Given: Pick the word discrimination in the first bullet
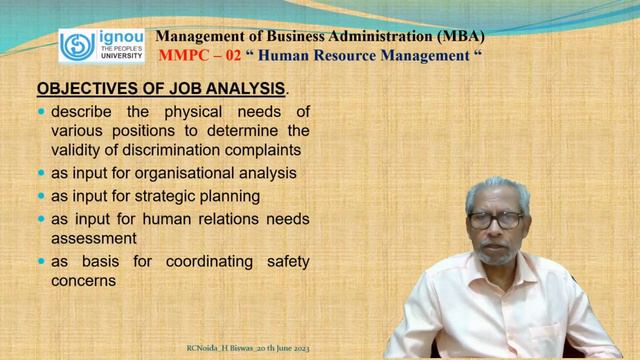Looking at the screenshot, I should pyautogui.click(x=175, y=151).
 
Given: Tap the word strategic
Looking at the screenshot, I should pyautogui.click(x=165, y=195).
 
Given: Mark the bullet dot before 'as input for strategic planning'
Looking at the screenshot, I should pyautogui.click(x=40, y=195).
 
